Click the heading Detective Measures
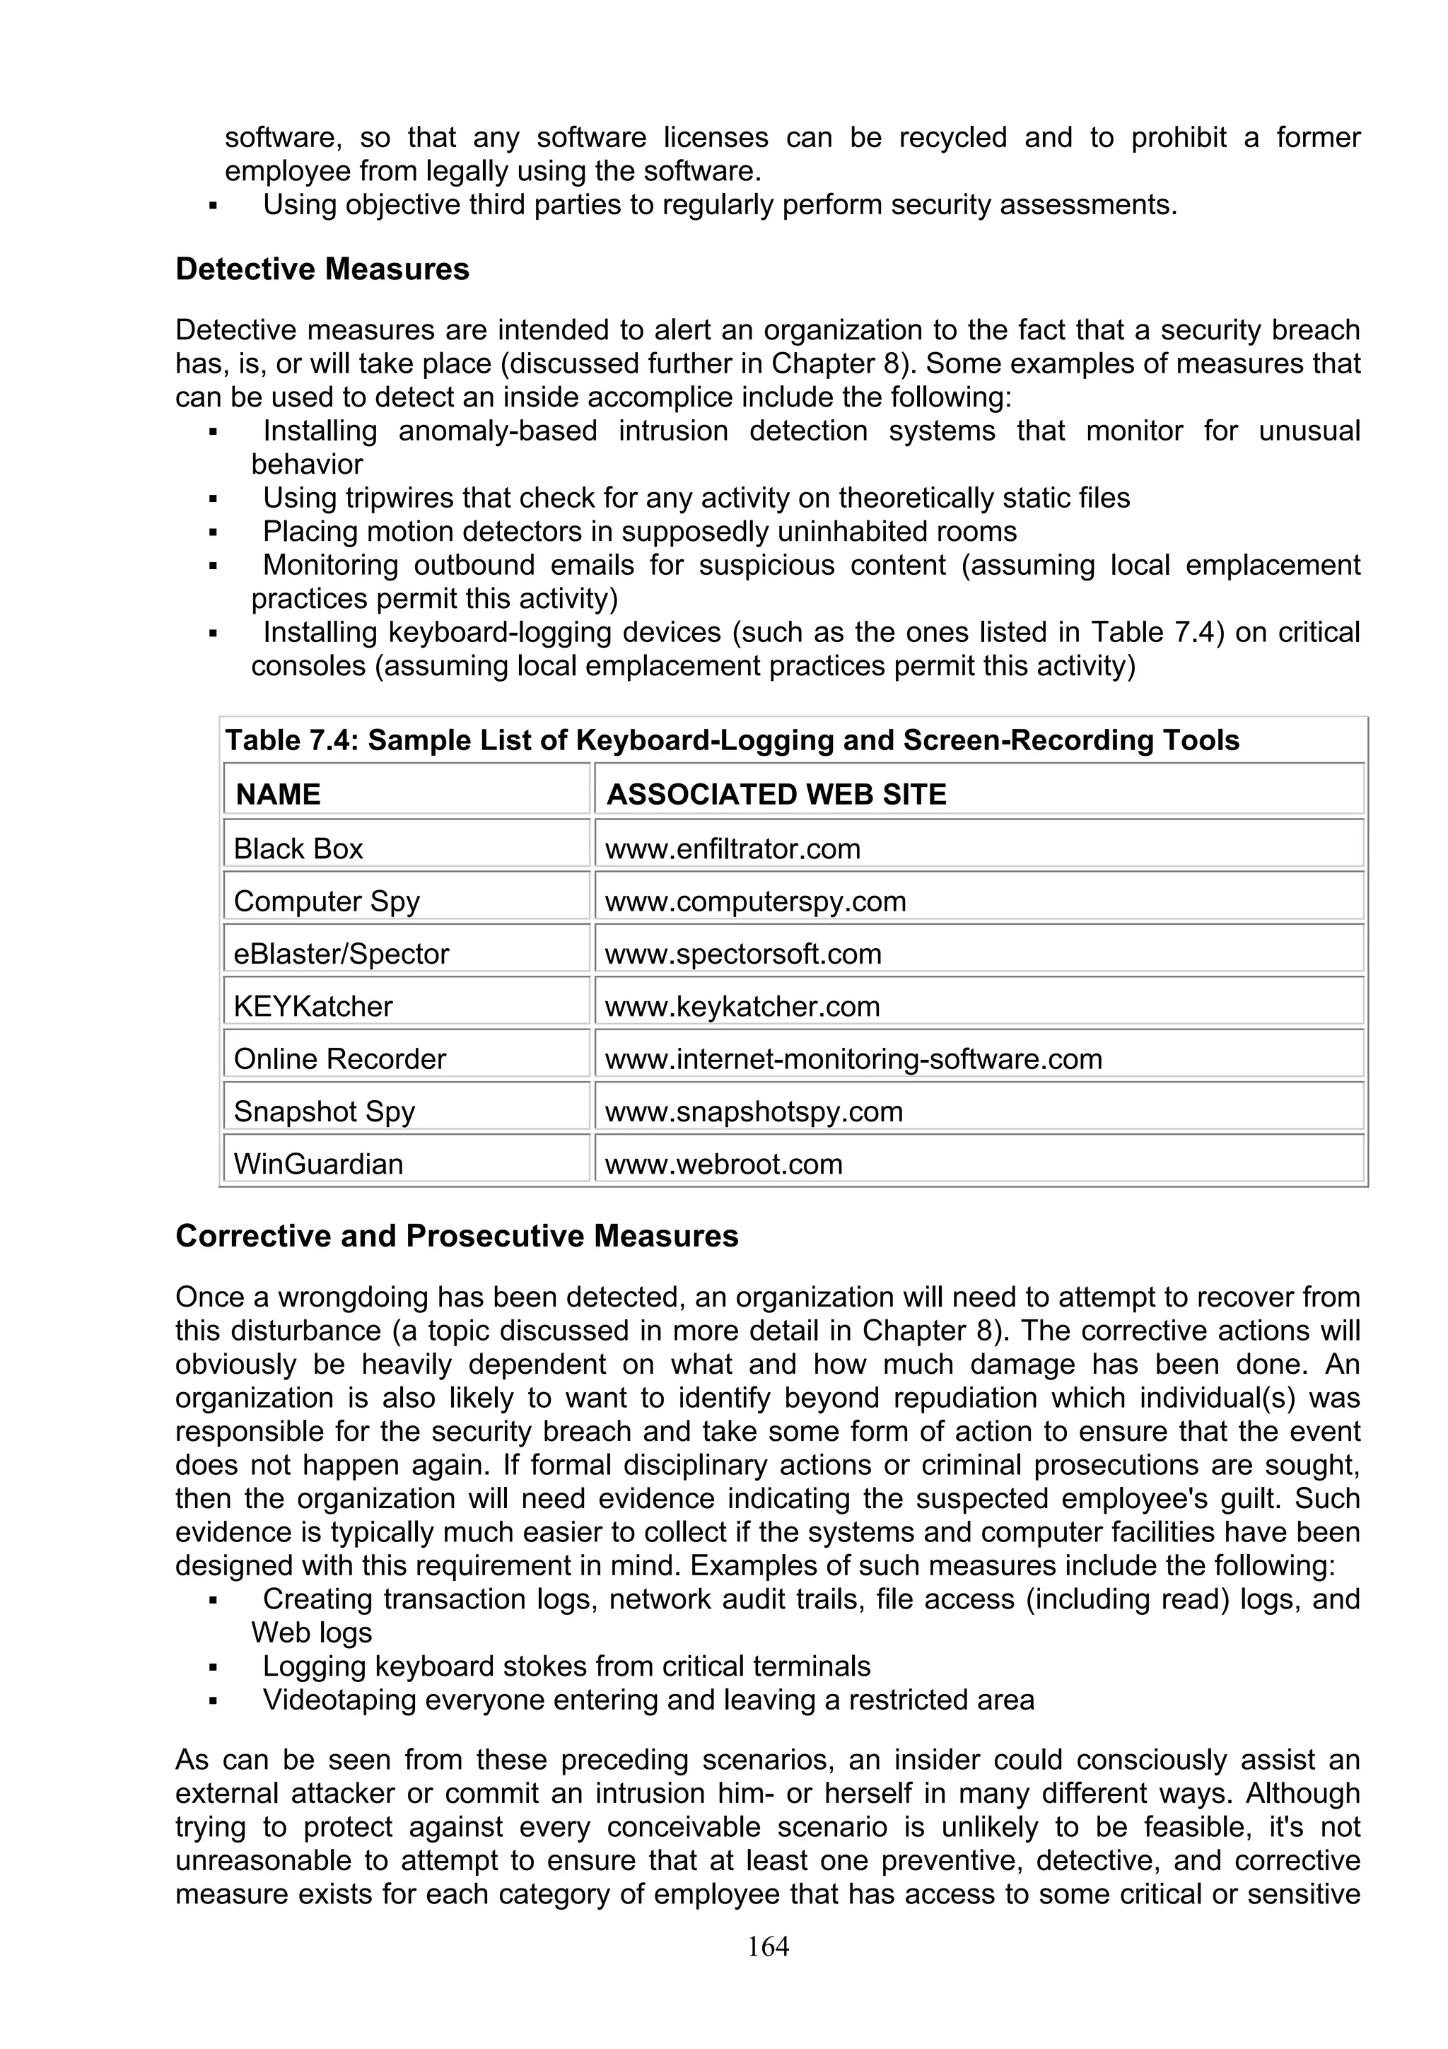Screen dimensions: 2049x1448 coord(322,269)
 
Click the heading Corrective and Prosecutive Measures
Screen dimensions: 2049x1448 coord(457,1236)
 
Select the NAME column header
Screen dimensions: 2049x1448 coord(277,794)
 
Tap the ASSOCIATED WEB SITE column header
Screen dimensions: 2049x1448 coord(776,794)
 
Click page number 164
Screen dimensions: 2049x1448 coord(768,1946)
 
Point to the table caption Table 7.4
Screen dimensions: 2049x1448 coord(732,740)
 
